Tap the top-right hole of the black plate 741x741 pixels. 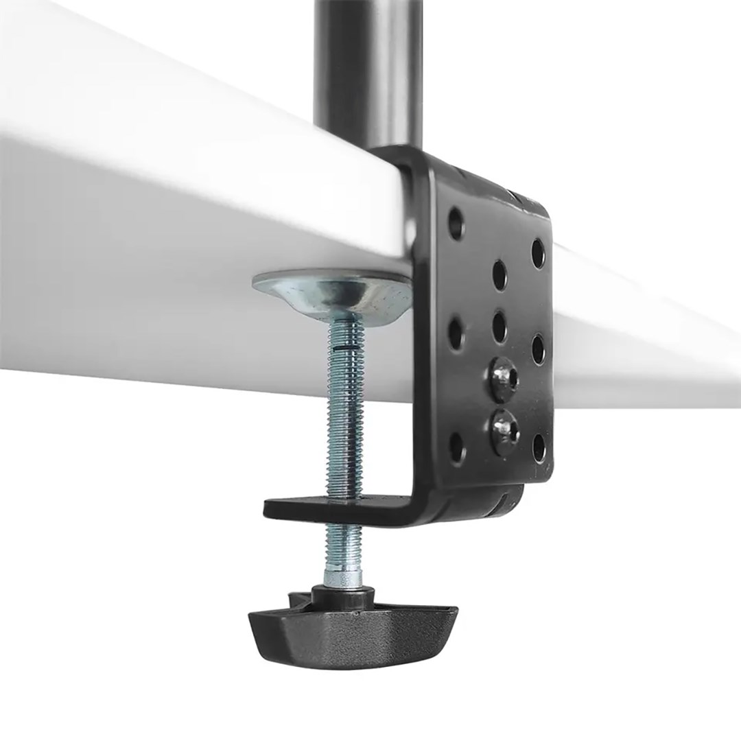tap(539, 252)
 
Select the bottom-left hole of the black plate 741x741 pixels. tap(457, 448)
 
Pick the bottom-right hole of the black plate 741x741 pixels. tap(539, 447)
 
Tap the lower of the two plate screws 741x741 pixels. tap(504, 430)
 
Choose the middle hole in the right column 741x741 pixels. tap(539, 348)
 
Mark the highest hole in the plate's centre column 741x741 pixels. tap(499, 274)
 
